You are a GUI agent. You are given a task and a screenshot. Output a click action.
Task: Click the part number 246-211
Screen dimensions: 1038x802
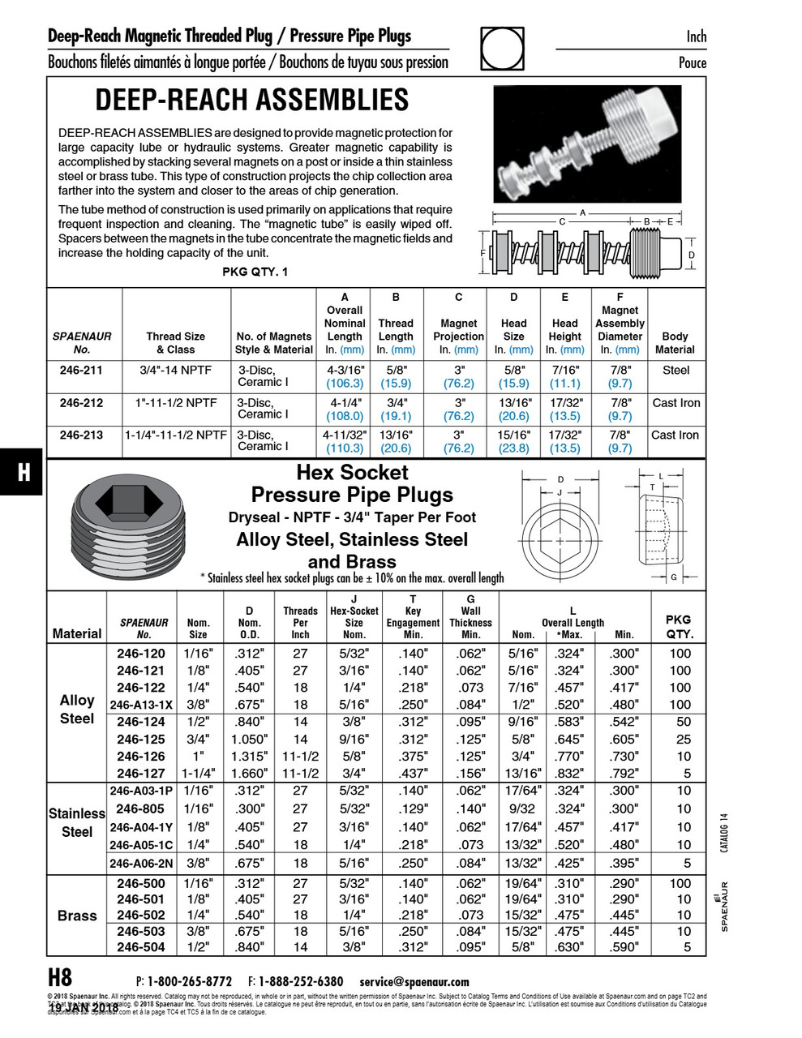(x=81, y=371)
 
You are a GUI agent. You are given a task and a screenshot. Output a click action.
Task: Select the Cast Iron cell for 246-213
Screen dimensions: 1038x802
(x=675, y=435)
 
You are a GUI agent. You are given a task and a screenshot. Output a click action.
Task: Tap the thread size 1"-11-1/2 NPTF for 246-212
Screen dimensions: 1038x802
(x=176, y=403)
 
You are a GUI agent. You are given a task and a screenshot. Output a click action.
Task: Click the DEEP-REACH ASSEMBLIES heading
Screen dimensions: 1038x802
(x=251, y=100)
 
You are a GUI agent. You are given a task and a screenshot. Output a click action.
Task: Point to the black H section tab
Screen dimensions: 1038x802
(x=24, y=472)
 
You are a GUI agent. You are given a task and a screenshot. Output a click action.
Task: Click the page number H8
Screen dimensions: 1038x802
(x=60, y=977)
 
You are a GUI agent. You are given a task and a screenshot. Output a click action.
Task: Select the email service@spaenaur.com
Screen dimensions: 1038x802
(x=414, y=981)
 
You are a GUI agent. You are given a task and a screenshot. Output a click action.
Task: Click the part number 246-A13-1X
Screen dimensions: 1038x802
(x=141, y=705)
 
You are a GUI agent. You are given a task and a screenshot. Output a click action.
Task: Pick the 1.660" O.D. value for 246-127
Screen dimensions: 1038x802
(x=249, y=774)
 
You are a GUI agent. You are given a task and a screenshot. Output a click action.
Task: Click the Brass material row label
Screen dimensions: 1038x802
(x=77, y=916)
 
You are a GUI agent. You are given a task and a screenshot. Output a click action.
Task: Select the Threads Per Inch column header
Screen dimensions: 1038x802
(x=300, y=622)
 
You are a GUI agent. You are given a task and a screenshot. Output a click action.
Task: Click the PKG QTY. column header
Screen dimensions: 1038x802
(x=680, y=627)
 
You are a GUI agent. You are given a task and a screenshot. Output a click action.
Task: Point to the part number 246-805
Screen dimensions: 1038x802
(x=140, y=809)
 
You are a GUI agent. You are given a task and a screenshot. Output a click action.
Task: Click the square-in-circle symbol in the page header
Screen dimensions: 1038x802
(x=502, y=49)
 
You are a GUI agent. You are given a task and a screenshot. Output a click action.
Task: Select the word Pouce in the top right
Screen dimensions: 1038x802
(x=692, y=62)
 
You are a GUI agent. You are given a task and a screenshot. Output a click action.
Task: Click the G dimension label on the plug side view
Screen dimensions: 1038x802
(x=674, y=577)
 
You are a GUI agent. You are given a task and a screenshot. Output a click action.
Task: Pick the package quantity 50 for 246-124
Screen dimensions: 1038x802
(x=683, y=722)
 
